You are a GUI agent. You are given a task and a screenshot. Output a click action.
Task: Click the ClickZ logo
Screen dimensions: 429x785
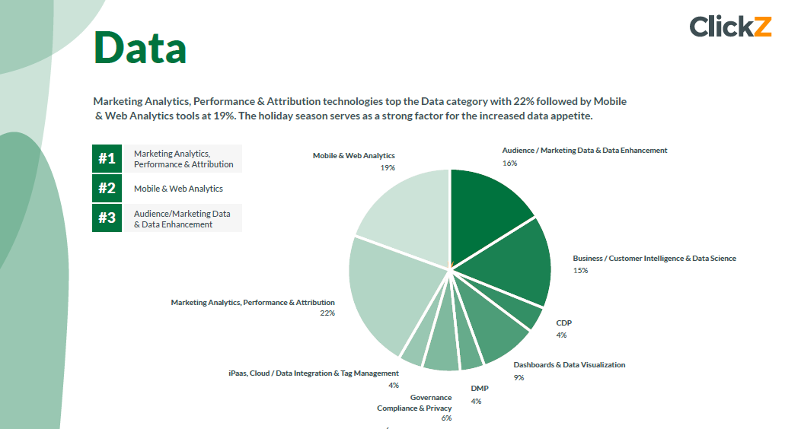730,26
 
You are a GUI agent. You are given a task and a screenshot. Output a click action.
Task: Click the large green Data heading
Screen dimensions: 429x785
140,47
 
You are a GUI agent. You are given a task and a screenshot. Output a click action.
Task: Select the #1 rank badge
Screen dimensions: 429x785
107,158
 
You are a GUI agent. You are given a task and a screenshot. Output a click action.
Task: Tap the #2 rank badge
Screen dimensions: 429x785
107,188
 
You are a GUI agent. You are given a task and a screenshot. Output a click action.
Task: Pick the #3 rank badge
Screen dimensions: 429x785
107,218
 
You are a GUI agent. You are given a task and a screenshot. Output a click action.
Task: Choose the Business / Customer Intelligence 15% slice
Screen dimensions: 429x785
514,262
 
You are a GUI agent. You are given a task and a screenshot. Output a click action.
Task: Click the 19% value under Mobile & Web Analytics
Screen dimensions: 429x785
388,167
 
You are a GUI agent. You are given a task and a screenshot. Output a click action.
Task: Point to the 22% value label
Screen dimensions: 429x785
327,313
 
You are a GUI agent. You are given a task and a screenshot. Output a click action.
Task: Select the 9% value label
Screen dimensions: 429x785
519,377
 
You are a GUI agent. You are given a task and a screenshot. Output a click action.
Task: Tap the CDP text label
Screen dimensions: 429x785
563,323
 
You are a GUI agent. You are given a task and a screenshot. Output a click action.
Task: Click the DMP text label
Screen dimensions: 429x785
479,389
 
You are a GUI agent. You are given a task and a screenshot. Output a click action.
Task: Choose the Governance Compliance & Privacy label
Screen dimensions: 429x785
415,403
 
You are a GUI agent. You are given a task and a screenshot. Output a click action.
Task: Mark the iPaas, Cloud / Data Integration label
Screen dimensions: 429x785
314,373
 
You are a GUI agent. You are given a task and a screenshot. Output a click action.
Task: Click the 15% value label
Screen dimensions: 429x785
580,270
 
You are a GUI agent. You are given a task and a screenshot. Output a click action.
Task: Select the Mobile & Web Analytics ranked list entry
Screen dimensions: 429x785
178,189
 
